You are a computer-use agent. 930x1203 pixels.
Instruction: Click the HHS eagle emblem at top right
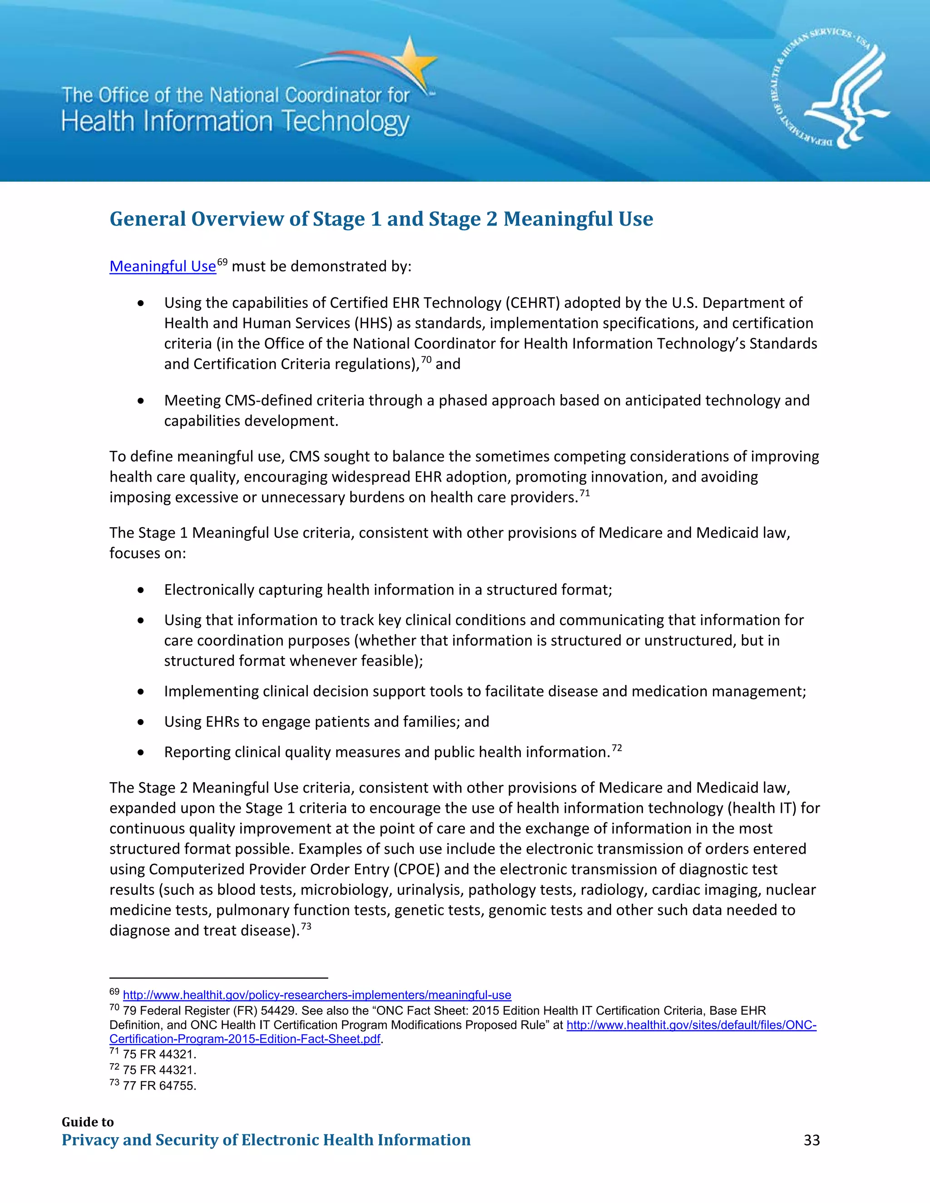[x=829, y=88]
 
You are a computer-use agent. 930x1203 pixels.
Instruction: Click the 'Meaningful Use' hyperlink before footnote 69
[x=163, y=266]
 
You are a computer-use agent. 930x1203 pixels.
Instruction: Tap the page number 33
[x=811, y=1140]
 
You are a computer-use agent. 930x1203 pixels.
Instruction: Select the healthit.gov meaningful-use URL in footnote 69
[x=317, y=996]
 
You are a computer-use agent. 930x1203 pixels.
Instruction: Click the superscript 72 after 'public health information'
[x=617, y=748]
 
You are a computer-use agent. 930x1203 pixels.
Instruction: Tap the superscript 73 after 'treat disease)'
[x=306, y=927]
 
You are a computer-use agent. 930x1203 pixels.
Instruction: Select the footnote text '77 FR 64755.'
[x=159, y=1086]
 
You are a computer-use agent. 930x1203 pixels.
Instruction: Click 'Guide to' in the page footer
[x=88, y=1122]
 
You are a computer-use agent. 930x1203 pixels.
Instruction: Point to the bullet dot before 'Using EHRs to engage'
[x=141, y=722]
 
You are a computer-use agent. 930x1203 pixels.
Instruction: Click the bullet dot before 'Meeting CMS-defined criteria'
[x=141, y=401]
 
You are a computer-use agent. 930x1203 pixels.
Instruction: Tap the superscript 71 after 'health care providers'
[x=584, y=493]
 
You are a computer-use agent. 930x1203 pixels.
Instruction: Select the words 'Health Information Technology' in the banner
[x=235, y=122]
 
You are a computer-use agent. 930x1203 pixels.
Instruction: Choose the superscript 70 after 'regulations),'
[x=426, y=360]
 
